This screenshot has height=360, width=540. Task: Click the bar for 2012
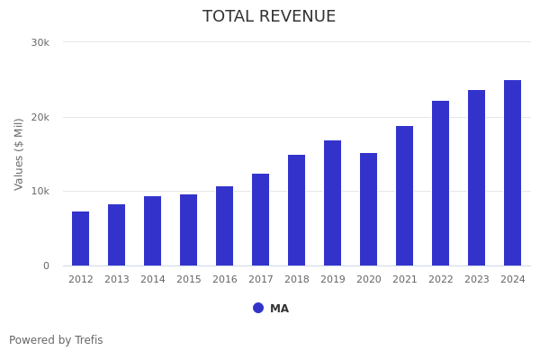click(81, 238)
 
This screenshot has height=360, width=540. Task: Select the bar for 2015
click(189, 230)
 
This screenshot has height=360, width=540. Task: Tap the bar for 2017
click(261, 220)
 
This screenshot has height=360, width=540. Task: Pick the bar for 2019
click(333, 203)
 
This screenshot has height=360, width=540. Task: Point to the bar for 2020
click(369, 210)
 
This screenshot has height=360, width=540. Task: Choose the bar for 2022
click(441, 184)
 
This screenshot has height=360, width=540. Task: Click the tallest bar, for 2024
click(513, 173)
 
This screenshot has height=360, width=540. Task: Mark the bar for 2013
click(117, 235)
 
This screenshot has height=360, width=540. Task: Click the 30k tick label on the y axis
click(40, 42)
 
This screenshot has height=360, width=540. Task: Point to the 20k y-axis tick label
click(40, 117)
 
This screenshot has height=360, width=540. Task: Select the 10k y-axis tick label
click(40, 191)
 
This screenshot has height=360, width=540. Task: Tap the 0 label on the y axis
click(46, 265)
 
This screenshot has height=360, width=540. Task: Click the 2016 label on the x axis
click(225, 280)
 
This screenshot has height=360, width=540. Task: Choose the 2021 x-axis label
click(405, 280)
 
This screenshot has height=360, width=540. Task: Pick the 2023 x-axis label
click(477, 280)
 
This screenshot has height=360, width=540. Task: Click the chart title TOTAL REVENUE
click(269, 17)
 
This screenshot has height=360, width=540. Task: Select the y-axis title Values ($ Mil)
click(19, 154)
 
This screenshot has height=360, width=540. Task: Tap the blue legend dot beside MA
click(258, 308)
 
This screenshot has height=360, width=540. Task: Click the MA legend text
click(280, 309)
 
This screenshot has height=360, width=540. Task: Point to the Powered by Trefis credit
click(56, 340)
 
